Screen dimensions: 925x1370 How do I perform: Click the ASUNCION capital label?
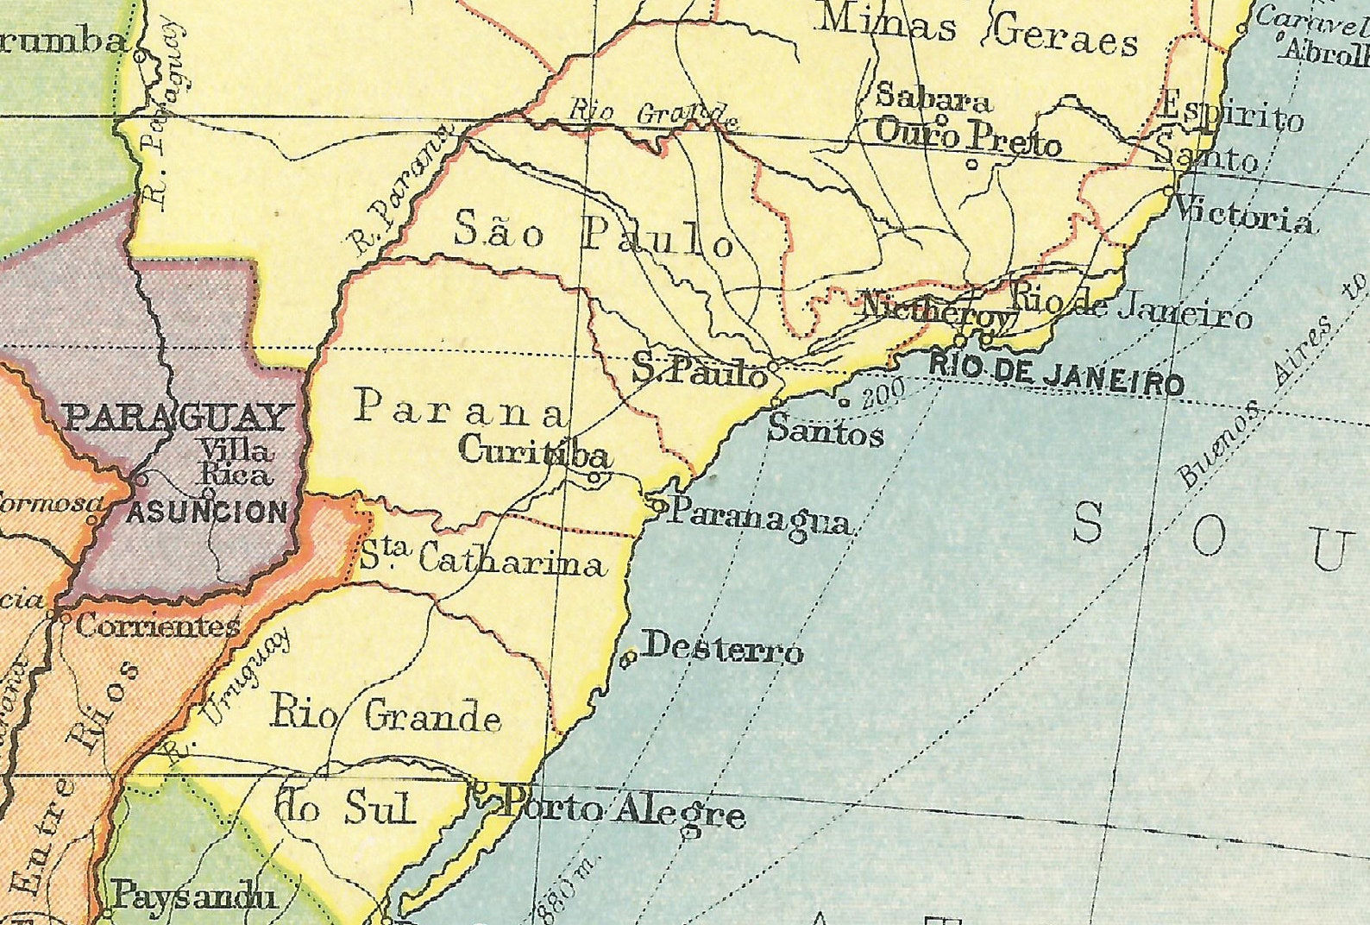point(207,513)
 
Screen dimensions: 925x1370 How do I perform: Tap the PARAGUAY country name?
point(176,418)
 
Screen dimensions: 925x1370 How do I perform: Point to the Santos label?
point(826,431)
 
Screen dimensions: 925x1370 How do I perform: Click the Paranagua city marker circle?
point(659,507)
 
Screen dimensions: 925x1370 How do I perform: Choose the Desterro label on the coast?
point(723,649)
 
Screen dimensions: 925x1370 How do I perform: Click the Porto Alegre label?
point(623,812)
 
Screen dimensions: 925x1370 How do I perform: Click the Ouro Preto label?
point(968,138)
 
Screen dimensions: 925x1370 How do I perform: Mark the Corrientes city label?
point(157,625)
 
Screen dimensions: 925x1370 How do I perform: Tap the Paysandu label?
point(195,897)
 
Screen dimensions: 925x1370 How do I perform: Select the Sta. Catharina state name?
point(481,560)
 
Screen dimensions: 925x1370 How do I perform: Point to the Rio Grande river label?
point(653,113)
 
